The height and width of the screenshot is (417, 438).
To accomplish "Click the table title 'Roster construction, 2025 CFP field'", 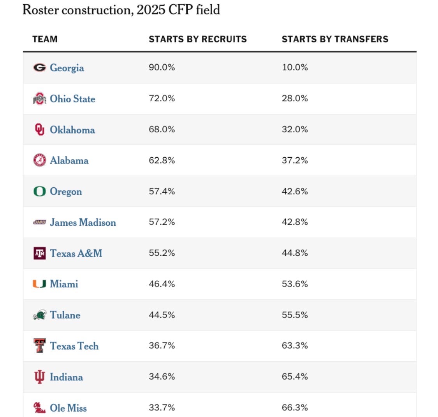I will tap(121, 9).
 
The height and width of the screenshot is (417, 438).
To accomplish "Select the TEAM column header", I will tap(45, 39).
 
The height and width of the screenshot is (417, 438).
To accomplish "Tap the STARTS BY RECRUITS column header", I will tap(197, 39).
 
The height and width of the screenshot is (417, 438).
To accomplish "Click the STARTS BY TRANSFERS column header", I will tap(335, 39).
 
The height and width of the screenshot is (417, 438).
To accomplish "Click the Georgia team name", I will tap(67, 68).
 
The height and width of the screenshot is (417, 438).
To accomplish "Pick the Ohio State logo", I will tap(39, 99).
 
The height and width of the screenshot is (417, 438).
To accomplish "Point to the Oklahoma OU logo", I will tap(39, 130).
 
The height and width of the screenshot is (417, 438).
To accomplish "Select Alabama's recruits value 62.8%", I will tap(162, 160).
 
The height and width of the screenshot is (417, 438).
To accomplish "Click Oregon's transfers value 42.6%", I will tap(295, 191).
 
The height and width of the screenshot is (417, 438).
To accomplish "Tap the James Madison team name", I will tap(83, 222).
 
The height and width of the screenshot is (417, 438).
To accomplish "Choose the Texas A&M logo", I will tap(39, 253).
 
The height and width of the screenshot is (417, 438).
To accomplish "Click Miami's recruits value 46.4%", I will tap(162, 284).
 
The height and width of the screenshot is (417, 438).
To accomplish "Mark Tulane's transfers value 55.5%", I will tap(295, 315).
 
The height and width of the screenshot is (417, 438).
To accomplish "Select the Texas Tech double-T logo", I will tap(39, 346).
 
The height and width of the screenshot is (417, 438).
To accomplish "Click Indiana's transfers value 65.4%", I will tap(295, 377).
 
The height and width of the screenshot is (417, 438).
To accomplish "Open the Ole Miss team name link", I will tap(68, 408).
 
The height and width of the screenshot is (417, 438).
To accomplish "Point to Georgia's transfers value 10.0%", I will tap(295, 67).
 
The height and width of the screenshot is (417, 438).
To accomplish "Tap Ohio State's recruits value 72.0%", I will tap(162, 99).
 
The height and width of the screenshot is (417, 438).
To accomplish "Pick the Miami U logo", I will tap(39, 284).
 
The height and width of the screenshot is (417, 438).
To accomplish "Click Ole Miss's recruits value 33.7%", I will tap(162, 408).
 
